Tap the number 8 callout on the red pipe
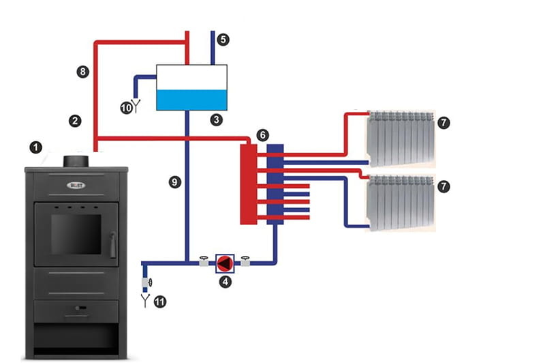point(82,71)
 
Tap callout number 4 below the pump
point(223,280)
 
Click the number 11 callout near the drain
point(159,300)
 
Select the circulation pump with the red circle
point(223,261)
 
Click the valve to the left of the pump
point(204,261)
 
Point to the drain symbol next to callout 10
point(135,106)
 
